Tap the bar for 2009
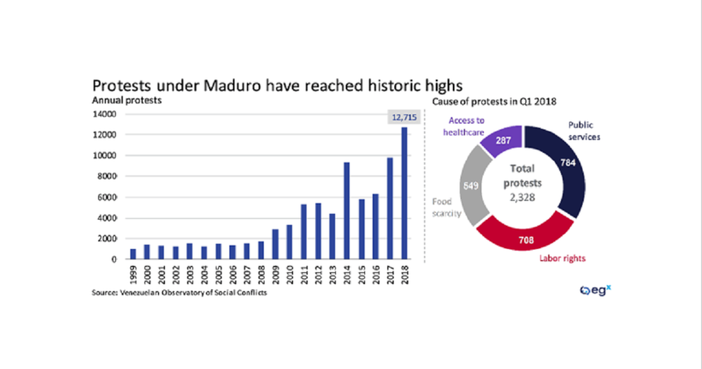[x=275, y=244]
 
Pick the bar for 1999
[x=133, y=254]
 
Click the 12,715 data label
[x=404, y=118]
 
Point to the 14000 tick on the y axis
[x=103, y=114]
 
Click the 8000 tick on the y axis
[x=105, y=176]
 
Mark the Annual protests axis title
[x=127, y=101]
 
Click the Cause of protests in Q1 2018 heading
[x=494, y=101]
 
